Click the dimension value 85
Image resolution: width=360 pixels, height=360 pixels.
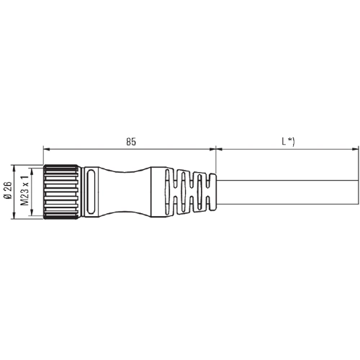tap(131, 142)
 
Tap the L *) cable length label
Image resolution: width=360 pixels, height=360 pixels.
tap(288, 142)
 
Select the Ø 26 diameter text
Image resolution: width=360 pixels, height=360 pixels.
tap(8, 190)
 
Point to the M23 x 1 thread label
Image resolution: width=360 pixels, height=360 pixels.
tap(24, 190)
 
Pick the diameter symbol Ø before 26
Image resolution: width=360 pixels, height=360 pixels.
tap(8, 196)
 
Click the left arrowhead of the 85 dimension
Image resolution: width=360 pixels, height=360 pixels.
tap(46, 149)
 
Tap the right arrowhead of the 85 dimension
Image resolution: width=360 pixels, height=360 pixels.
tap(213, 149)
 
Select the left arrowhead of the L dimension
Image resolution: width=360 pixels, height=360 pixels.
tap(219, 149)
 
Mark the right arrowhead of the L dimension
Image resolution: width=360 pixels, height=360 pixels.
tap(356, 149)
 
